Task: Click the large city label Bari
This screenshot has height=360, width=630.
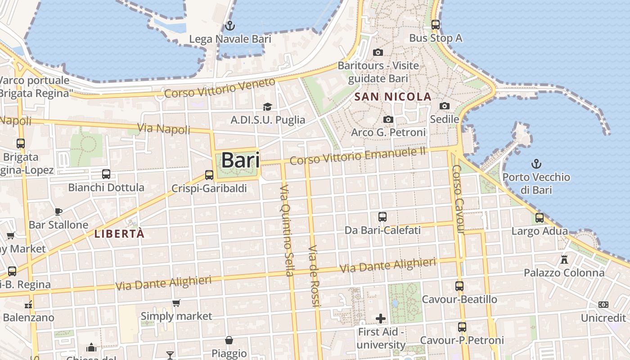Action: pos(240,160)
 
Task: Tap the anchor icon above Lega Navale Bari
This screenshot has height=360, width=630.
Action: pos(230,25)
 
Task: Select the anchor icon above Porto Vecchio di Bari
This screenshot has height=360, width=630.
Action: pos(536,163)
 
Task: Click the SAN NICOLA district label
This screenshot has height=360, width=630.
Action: pos(393,97)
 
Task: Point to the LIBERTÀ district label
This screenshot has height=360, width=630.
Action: pos(119,234)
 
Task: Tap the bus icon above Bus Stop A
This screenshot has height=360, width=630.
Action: pos(435,25)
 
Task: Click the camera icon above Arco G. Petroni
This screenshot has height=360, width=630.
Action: pos(388,120)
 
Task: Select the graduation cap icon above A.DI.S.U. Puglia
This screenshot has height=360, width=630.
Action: pos(268,107)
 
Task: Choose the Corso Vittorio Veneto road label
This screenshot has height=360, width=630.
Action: pos(219,88)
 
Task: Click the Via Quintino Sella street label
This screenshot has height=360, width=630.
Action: pos(287,230)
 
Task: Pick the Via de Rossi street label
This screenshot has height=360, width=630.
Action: pos(314,276)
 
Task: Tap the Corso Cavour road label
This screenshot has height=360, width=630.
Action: pos(458,199)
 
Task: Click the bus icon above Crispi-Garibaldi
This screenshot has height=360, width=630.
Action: pos(209,175)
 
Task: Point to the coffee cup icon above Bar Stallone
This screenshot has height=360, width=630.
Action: pos(58,211)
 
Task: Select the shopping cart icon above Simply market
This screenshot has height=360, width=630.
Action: pos(176,303)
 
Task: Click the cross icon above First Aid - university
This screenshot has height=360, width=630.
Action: pos(381,319)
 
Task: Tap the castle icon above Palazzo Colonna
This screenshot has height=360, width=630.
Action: pos(564,260)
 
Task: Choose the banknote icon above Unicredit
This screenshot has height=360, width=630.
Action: pos(603,305)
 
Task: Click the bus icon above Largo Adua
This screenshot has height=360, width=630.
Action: pos(540,218)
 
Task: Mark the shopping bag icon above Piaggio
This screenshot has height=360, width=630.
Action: pos(229,340)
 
